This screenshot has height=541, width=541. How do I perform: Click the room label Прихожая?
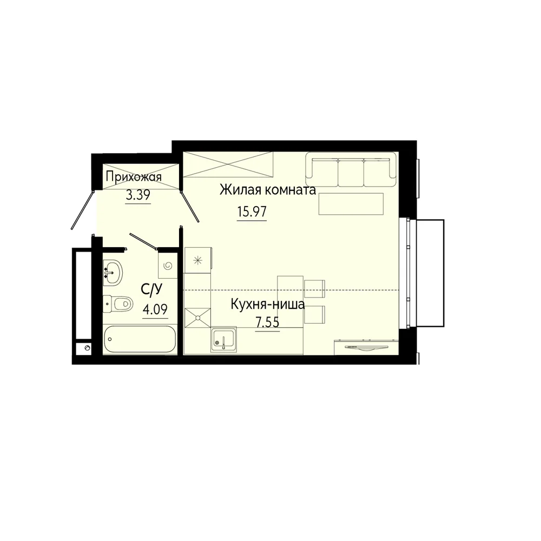point(134,177)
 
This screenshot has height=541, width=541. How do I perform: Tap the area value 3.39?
point(138,196)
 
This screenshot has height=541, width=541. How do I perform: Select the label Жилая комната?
point(268,190)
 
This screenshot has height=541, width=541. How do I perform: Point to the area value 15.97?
point(252,212)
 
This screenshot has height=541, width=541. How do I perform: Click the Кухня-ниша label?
point(268,304)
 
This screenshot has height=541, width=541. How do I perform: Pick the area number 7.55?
point(267,322)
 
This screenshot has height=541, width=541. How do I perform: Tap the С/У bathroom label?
point(151,290)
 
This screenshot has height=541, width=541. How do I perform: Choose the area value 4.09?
point(155,309)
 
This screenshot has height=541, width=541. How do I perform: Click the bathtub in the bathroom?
point(140,339)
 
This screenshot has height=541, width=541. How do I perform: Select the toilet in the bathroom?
point(117,304)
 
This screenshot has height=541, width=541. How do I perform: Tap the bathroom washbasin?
point(113,273)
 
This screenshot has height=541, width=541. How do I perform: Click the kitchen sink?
point(223,340)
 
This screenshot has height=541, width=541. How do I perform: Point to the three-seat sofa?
point(351,169)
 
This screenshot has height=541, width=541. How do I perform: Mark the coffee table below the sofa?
point(351,204)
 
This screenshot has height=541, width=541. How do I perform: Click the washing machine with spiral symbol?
point(168,265)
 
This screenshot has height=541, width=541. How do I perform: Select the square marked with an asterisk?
point(197,260)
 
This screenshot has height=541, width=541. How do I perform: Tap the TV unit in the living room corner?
point(366,347)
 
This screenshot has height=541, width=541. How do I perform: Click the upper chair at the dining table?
point(315,289)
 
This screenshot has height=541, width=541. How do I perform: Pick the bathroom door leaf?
point(143,241)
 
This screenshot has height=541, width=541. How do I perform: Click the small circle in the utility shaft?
point(87,348)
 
